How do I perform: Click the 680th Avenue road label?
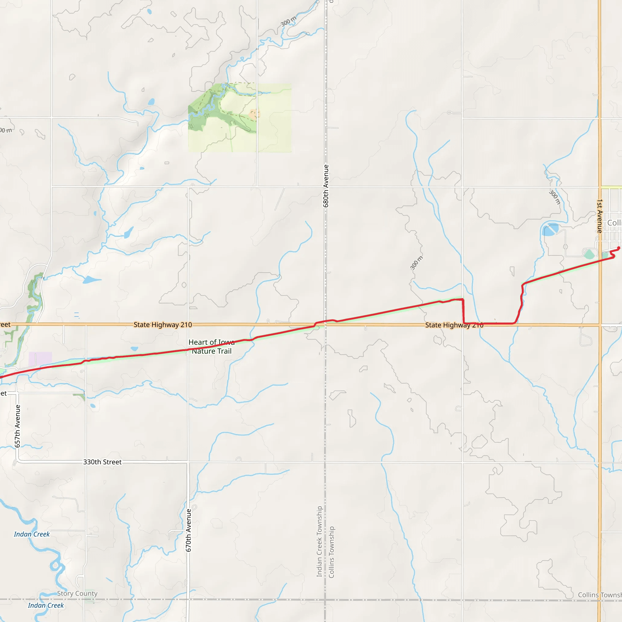coord(326,186)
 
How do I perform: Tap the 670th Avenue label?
coord(189,530)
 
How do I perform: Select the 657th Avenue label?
coord(18,426)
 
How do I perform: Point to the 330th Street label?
coord(102,462)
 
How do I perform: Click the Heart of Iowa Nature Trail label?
coord(211,347)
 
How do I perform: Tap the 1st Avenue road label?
coord(600,216)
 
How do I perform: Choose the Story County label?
coord(77,593)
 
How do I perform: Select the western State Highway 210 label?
coord(162,325)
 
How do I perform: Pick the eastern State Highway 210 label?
coord(454,325)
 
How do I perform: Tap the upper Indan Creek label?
coord(32,535)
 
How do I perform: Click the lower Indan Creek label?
coord(46,606)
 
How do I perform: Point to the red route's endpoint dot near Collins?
coord(618,248)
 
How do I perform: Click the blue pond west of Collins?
coord(551,230)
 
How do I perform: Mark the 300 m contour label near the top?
coord(288,21)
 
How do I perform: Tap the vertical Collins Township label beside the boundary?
coord(332,552)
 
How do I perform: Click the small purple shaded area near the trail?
coord(40,359)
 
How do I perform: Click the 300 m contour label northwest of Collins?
coord(554,197)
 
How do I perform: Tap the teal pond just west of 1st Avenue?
coord(589,254)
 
